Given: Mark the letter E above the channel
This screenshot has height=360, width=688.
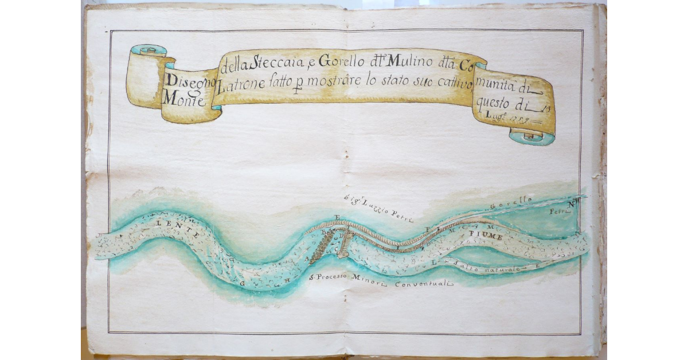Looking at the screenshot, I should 337,217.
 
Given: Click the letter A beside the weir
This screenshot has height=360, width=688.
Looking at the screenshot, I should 308,259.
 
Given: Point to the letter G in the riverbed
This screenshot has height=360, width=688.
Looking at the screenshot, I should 243,283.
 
